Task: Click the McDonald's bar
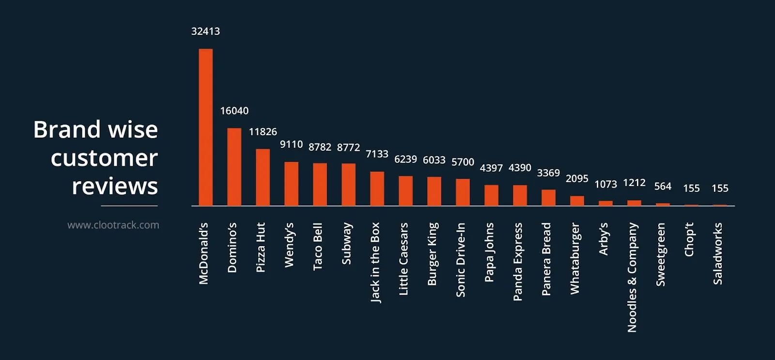tap(205, 127)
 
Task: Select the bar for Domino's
tap(234, 167)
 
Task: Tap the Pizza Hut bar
tap(263, 177)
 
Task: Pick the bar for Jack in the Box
tap(377, 188)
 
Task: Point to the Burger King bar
tap(434, 191)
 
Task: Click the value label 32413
tap(205, 31)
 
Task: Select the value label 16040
tap(234, 111)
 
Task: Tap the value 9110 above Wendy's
tap(291, 144)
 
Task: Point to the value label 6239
tap(405, 159)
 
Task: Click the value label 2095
tap(577, 179)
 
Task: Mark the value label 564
tap(663, 187)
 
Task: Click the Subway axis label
tap(346, 243)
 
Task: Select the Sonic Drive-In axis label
tap(461, 259)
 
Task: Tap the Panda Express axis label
tap(518, 262)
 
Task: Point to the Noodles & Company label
tap(632, 277)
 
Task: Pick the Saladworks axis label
tap(718, 253)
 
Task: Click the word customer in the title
tap(104, 158)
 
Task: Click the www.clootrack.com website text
tap(113, 225)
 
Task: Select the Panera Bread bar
tap(548, 198)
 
